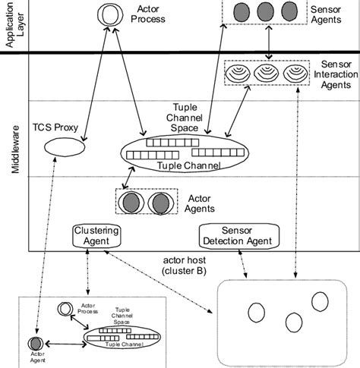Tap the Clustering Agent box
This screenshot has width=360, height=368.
(98, 236)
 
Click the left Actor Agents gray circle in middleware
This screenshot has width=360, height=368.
(131, 203)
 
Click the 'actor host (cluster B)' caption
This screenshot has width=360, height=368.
(193, 263)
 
